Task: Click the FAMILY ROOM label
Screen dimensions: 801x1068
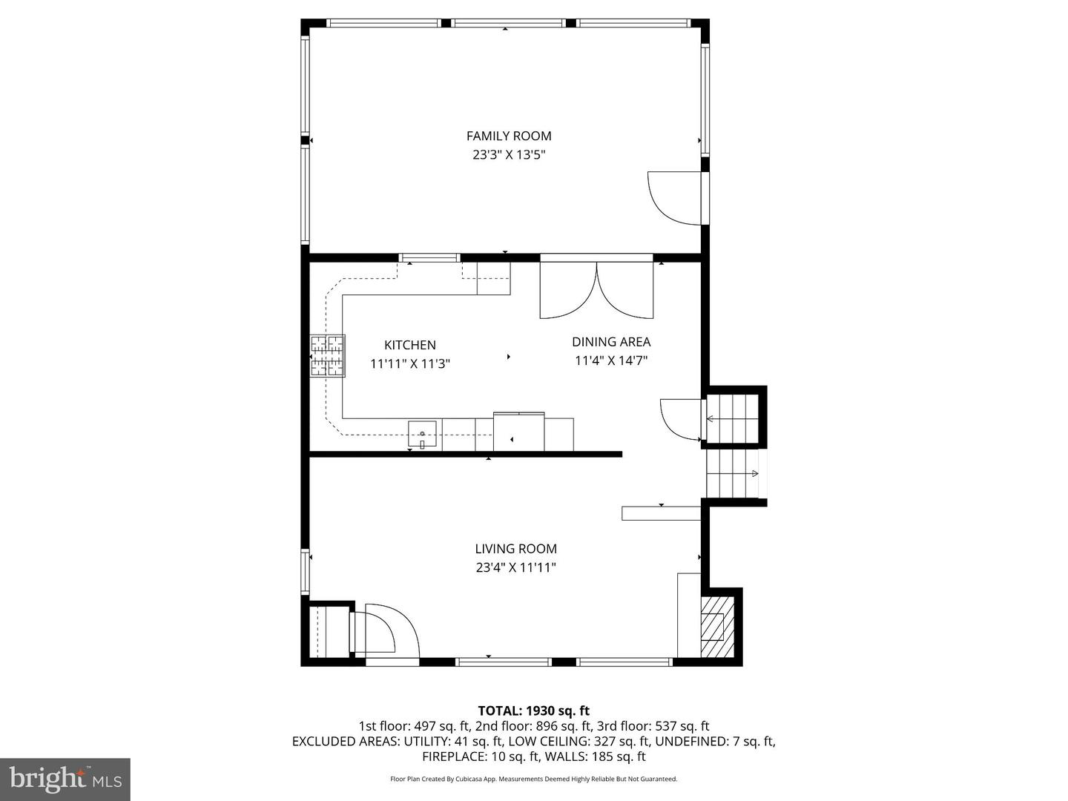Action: pyautogui.click(x=509, y=136)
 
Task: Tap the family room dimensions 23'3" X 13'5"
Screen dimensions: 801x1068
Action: pyautogui.click(x=509, y=155)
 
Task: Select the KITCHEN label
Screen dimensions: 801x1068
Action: pyautogui.click(x=410, y=345)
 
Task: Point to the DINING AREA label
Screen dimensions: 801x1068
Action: pyautogui.click(x=611, y=342)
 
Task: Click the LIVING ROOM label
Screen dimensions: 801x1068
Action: pyautogui.click(x=516, y=549)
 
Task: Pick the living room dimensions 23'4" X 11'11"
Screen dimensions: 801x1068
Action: pyautogui.click(x=516, y=568)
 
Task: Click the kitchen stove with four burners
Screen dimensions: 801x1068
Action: pyautogui.click(x=328, y=356)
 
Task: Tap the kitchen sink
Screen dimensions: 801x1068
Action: pyautogui.click(x=422, y=433)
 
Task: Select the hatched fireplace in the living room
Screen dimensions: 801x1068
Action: pyautogui.click(x=713, y=627)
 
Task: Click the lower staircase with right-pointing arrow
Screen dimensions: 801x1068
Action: pyautogui.click(x=733, y=474)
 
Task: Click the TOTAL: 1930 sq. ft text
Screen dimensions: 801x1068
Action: pyautogui.click(x=534, y=711)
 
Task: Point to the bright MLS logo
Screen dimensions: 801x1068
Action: pyautogui.click(x=65, y=779)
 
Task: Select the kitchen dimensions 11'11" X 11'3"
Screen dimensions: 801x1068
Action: pyautogui.click(x=410, y=364)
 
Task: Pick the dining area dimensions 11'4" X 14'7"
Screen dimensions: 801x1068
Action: pyautogui.click(x=611, y=361)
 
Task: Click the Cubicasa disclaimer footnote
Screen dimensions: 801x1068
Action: pyautogui.click(x=534, y=779)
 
